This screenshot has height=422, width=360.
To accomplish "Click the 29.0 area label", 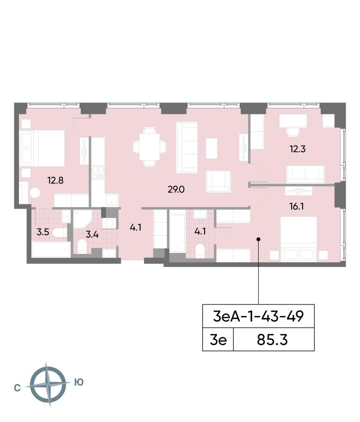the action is click(176, 190).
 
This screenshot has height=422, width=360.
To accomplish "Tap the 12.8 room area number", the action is click(55, 180).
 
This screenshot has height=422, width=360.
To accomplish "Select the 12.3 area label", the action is click(297, 149).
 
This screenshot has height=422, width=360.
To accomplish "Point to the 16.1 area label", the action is click(297, 206).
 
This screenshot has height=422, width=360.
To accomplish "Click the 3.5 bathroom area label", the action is click(43, 232).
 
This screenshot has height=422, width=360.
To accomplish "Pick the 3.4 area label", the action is click(92, 234).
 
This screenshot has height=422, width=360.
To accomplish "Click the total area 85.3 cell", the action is click(272, 339).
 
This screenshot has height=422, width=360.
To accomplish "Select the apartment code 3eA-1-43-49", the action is click(258, 316).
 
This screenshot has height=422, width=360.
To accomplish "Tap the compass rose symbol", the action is click(47, 384).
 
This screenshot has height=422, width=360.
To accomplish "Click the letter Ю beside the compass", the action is click(79, 382).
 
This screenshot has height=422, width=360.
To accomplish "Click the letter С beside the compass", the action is click(17, 388).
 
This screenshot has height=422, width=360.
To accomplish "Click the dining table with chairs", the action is click(150, 147).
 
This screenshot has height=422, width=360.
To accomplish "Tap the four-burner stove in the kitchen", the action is click(98, 173).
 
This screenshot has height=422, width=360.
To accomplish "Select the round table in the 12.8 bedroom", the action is click(35, 193).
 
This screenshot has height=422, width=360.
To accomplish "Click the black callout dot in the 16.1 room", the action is click(258, 239).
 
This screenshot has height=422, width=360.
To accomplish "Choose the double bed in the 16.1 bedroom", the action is click(299, 239).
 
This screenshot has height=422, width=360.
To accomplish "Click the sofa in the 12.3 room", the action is click(306, 174).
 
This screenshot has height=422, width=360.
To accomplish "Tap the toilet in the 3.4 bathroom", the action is click(82, 247).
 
